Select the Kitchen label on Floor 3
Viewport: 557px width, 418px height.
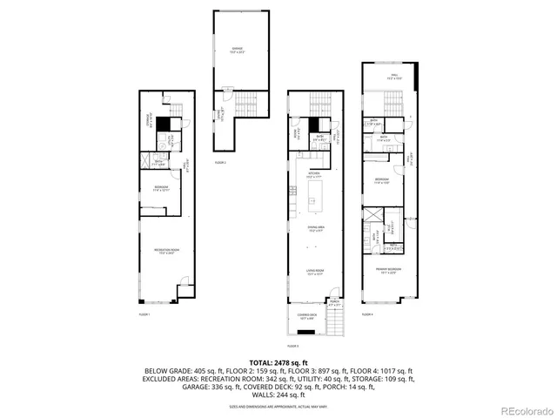coord(314,175)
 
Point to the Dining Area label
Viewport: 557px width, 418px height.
coord(314,231)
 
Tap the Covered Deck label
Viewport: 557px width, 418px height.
coord(307,317)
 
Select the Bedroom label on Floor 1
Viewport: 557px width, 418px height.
coord(162,189)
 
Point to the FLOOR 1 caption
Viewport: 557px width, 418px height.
coord(144,313)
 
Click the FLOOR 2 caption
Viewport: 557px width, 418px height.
coord(221,163)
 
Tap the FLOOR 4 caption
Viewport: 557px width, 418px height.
coord(366,314)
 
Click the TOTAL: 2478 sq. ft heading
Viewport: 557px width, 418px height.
coord(278,361)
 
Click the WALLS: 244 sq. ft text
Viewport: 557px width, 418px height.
coord(278,394)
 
